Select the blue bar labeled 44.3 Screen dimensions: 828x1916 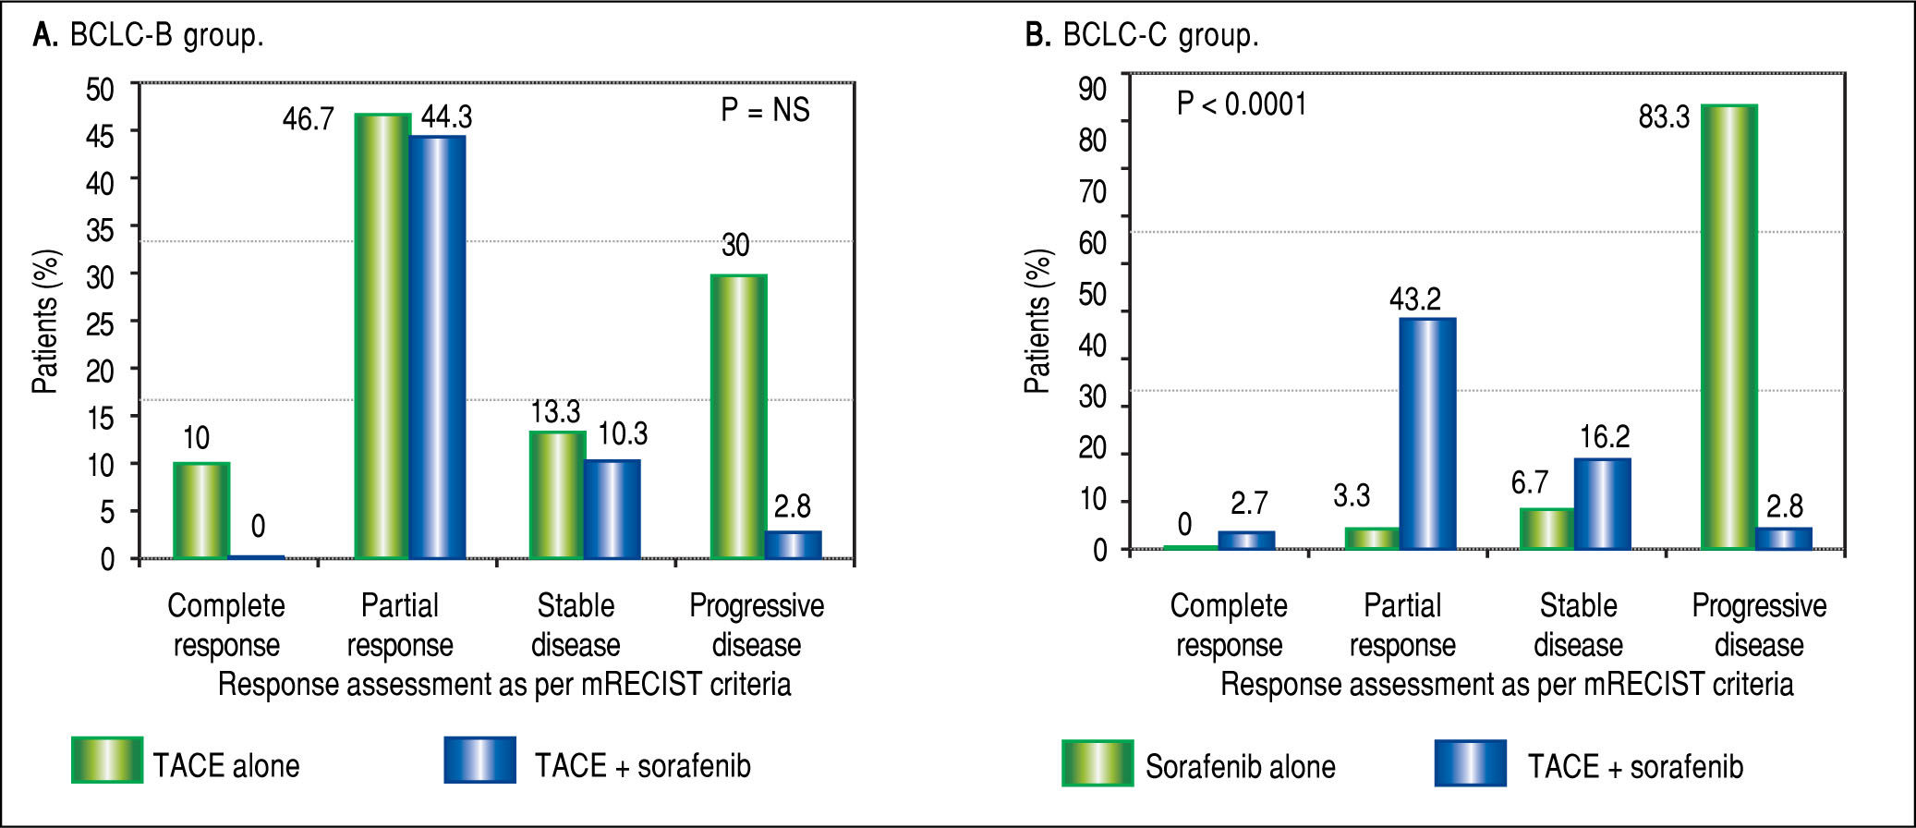(x=438, y=347)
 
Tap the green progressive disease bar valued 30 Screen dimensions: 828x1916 (x=738, y=417)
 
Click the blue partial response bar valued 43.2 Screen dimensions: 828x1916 (x=1427, y=433)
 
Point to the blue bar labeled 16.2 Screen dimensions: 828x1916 (x=1603, y=504)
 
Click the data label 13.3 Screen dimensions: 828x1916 (x=555, y=411)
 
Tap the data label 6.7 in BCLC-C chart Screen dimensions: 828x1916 (x=1529, y=481)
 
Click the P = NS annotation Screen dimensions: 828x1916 (x=765, y=110)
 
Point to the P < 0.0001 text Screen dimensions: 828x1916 (x=1242, y=103)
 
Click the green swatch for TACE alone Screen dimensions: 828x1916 (x=107, y=760)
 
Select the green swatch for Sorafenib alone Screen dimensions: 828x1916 (x=1097, y=762)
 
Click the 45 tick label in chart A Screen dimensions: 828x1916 (x=100, y=136)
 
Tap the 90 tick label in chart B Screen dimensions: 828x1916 (x=1092, y=89)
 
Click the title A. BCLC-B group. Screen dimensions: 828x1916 (x=149, y=35)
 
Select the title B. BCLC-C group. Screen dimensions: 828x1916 (x=1142, y=35)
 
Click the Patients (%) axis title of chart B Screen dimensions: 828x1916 (x=1037, y=322)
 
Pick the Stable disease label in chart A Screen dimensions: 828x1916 (x=576, y=625)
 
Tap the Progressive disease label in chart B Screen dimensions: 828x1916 (x=1759, y=625)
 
